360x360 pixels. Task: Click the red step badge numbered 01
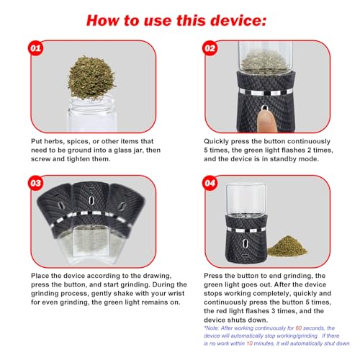pyautogui.click(x=35, y=48)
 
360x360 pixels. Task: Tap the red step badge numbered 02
pyautogui.click(x=210, y=48)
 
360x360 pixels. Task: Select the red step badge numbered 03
pyautogui.click(x=35, y=183)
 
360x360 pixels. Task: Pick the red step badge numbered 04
pyautogui.click(x=210, y=183)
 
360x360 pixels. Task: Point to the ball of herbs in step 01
pyautogui.click(x=91, y=77)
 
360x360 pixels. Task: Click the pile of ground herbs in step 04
pyautogui.click(x=287, y=247)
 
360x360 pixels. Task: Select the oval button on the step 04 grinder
pyautogui.click(x=245, y=243)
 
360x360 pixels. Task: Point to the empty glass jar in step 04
pyautogui.click(x=246, y=199)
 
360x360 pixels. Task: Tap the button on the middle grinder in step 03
pyautogui.click(x=91, y=200)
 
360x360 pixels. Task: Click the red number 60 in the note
pyautogui.click(x=299, y=328)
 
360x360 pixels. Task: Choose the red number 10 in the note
pyautogui.click(x=250, y=343)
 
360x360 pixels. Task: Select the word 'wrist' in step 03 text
pyautogui.click(x=176, y=293)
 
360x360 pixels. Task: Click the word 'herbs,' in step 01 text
pyautogui.click(x=54, y=141)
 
